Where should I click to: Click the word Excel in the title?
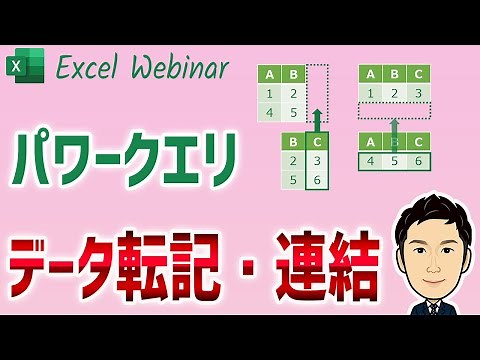(x=93, y=68)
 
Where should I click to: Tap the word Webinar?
(x=183, y=68)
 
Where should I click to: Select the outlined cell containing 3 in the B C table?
(x=316, y=162)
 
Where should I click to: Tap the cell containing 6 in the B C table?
(x=316, y=182)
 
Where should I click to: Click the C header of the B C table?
(x=316, y=142)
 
